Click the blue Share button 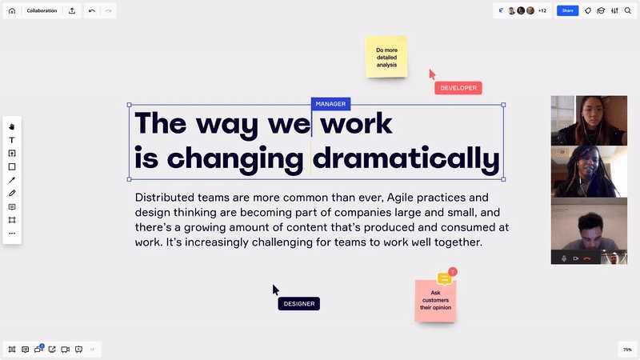[x=567, y=10]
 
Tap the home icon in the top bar [x=12, y=11]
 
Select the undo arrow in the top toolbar [x=92, y=11]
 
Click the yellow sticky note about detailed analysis [x=386, y=57]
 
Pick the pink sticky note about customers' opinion [x=435, y=301]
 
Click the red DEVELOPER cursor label [x=458, y=88]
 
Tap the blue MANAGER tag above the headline [x=330, y=104]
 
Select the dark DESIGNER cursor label [x=298, y=304]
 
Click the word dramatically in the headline [x=406, y=158]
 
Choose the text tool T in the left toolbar [x=12, y=140]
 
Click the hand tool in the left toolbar [x=12, y=127]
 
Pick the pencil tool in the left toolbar [x=12, y=193]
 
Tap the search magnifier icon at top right [x=628, y=11]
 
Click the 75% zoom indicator [x=627, y=350]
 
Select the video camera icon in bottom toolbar [x=65, y=350]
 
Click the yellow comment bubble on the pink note [x=444, y=278]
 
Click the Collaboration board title [x=42, y=11]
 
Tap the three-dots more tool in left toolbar [x=12, y=234]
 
